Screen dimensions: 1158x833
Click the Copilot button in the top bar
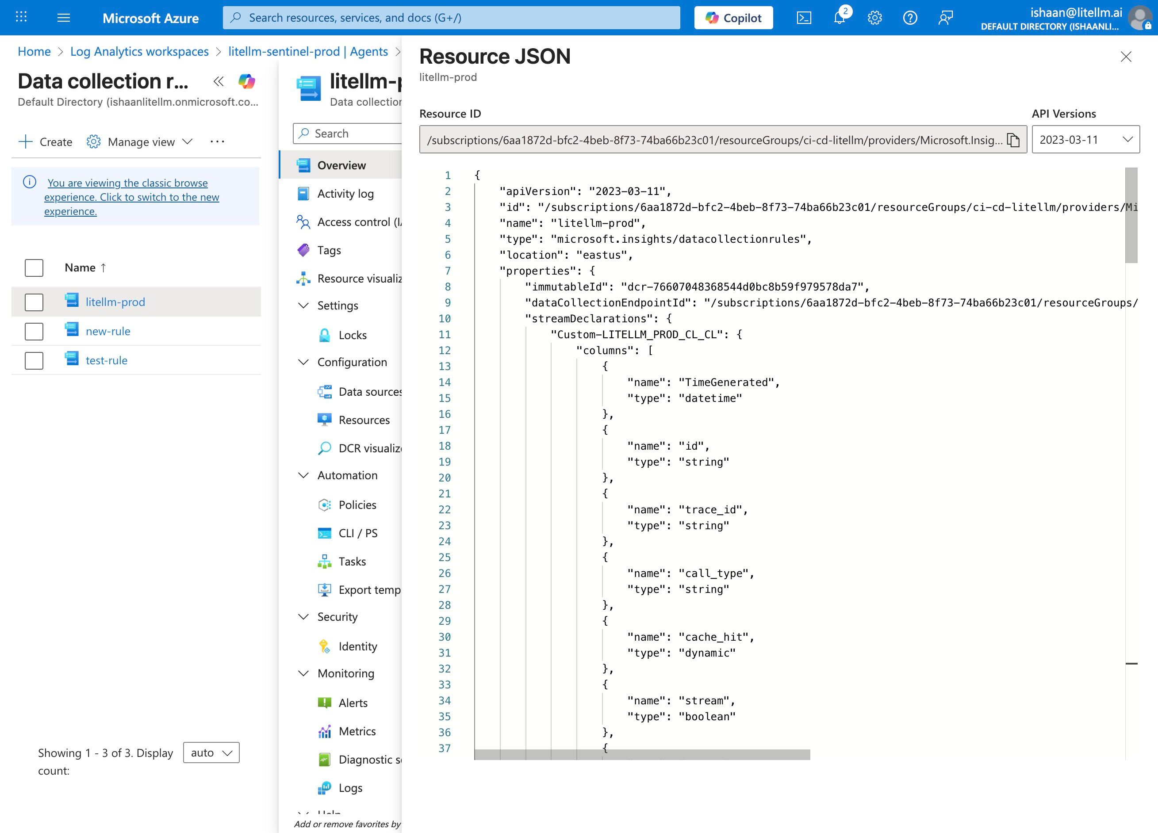[x=733, y=18]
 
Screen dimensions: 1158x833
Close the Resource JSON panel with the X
[x=1125, y=57]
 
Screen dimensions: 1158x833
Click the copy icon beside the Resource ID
[x=1013, y=140]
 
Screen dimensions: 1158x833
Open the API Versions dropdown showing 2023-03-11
[x=1085, y=139]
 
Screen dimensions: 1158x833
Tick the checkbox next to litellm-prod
[x=34, y=302]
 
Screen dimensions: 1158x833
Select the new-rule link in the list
[x=108, y=331]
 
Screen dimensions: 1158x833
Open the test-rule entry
[x=106, y=360]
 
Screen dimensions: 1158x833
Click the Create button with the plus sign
[x=46, y=142]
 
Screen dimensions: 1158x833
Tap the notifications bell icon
[x=839, y=18]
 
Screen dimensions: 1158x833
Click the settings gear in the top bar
[x=874, y=18]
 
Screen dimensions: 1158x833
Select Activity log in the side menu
[x=345, y=194]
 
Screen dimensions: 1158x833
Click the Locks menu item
[x=352, y=335]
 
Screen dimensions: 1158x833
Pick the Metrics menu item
[x=357, y=731]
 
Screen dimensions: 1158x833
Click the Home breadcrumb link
[x=34, y=52]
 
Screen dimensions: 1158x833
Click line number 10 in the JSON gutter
[x=444, y=318]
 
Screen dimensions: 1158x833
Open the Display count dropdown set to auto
[x=211, y=753]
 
